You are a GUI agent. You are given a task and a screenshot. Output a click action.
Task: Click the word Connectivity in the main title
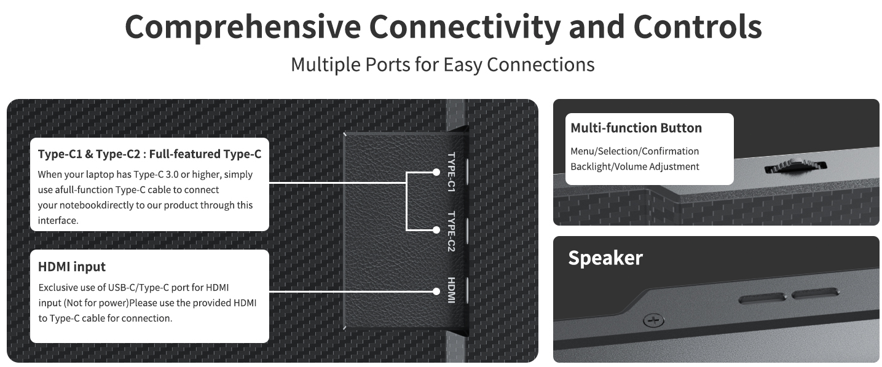pos(465,27)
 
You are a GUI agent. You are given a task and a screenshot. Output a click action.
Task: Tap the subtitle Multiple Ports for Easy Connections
pos(443,65)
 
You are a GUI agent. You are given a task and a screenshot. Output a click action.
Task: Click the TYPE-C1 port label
pos(451,172)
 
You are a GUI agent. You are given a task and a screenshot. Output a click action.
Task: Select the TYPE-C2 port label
pos(451,232)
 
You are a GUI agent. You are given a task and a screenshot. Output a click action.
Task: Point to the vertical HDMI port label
pos(451,290)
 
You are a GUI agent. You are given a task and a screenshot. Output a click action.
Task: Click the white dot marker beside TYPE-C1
pos(436,172)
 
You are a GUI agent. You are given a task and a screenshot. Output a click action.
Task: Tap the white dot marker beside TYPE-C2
pos(436,230)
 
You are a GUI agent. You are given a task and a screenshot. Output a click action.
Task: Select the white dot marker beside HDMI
pos(436,291)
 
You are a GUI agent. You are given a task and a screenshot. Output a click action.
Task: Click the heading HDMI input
pos(72,267)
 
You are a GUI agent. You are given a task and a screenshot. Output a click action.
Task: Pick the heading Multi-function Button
pos(636,128)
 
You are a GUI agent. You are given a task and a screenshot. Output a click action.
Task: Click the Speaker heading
pos(605,258)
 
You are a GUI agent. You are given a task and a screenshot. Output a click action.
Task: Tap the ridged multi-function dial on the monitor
pos(795,166)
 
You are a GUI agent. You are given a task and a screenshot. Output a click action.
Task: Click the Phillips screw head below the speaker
pos(653,320)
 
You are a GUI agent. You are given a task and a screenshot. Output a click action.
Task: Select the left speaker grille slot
pos(762,299)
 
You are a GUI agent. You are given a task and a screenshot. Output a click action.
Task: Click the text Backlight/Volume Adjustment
pos(635,167)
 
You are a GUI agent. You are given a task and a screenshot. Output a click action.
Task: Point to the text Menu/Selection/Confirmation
pos(635,151)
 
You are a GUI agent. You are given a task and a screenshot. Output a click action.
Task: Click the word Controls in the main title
pos(698,27)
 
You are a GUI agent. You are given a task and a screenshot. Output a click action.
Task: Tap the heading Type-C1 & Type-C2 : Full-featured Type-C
pos(149,154)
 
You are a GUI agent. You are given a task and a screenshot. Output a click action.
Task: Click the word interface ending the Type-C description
pos(57,221)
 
